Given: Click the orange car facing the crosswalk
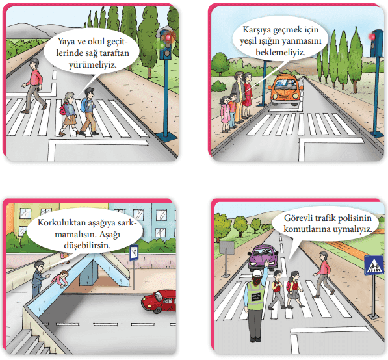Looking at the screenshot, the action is tap(285, 90).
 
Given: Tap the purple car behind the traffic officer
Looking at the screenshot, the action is tap(263, 258).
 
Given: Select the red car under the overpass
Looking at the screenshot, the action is tap(159, 302).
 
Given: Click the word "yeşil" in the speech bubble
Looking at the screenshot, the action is tap(248, 40).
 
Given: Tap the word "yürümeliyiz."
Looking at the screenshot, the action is tap(92, 65).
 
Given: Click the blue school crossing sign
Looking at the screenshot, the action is tap(374, 265).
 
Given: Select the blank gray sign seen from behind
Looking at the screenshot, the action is tap(227, 248).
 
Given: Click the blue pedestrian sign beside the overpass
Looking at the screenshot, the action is tap(134, 253).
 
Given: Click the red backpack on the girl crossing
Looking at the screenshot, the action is tap(289, 285).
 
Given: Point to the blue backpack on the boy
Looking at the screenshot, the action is tap(84, 105).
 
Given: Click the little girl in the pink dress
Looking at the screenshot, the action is tap(225, 113).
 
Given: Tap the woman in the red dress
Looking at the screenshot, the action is tap(248, 96).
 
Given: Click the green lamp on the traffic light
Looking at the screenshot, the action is tap(162, 45).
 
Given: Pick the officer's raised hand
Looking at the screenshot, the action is tap(266, 263).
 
